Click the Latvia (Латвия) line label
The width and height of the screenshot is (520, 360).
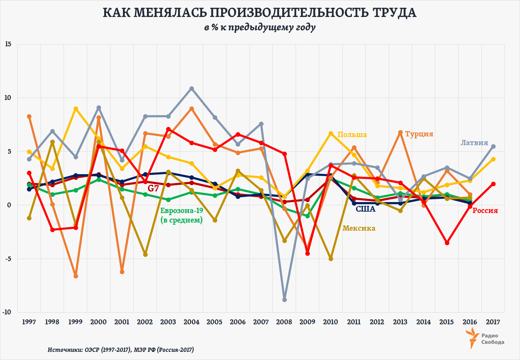click(474, 143)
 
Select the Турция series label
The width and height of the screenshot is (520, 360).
click(419, 134)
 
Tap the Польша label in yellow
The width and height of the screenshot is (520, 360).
click(352, 135)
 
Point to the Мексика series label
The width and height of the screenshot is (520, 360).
click(359, 228)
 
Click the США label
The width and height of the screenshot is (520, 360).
click(365, 209)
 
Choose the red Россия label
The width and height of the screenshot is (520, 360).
click(485, 211)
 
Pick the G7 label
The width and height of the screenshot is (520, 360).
click(153, 188)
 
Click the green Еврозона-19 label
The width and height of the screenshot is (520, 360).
click(182, 211)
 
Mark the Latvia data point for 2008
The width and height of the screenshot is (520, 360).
click(284, 300)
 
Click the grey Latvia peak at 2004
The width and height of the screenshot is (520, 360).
click(191, 88)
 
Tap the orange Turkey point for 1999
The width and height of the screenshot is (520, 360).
click(76, 276)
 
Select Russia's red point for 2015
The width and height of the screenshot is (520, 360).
click(447, 243)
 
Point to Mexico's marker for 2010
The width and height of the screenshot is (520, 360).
click(331, 259)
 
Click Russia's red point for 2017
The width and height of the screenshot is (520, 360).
click(493, 184)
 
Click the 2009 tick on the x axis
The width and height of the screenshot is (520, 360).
click(307, 322)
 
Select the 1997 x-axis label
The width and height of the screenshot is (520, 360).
click(29, 322)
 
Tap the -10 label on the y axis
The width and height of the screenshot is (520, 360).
click(7, 312)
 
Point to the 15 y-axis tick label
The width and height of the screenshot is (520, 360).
click(8, 44)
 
